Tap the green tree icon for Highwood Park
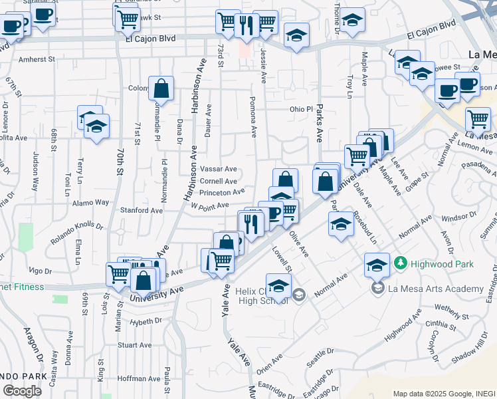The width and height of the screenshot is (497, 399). [x=399, y=263]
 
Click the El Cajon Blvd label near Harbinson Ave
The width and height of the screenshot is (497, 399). [x=150, y=39]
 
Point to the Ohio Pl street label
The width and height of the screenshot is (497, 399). [x=300, y=109]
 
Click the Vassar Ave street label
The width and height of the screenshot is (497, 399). [x=218, y=169]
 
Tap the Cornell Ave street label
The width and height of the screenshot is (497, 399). [x=218, y=181]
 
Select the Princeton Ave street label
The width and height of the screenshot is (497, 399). [x=223, y=193]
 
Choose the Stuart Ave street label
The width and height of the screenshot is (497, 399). [x=135, y=345]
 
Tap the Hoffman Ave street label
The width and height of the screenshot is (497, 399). [x=138, y=378]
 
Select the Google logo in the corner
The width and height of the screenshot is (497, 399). [x=22, y=391]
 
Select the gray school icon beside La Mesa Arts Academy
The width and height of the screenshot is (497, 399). [x=378, y=288]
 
